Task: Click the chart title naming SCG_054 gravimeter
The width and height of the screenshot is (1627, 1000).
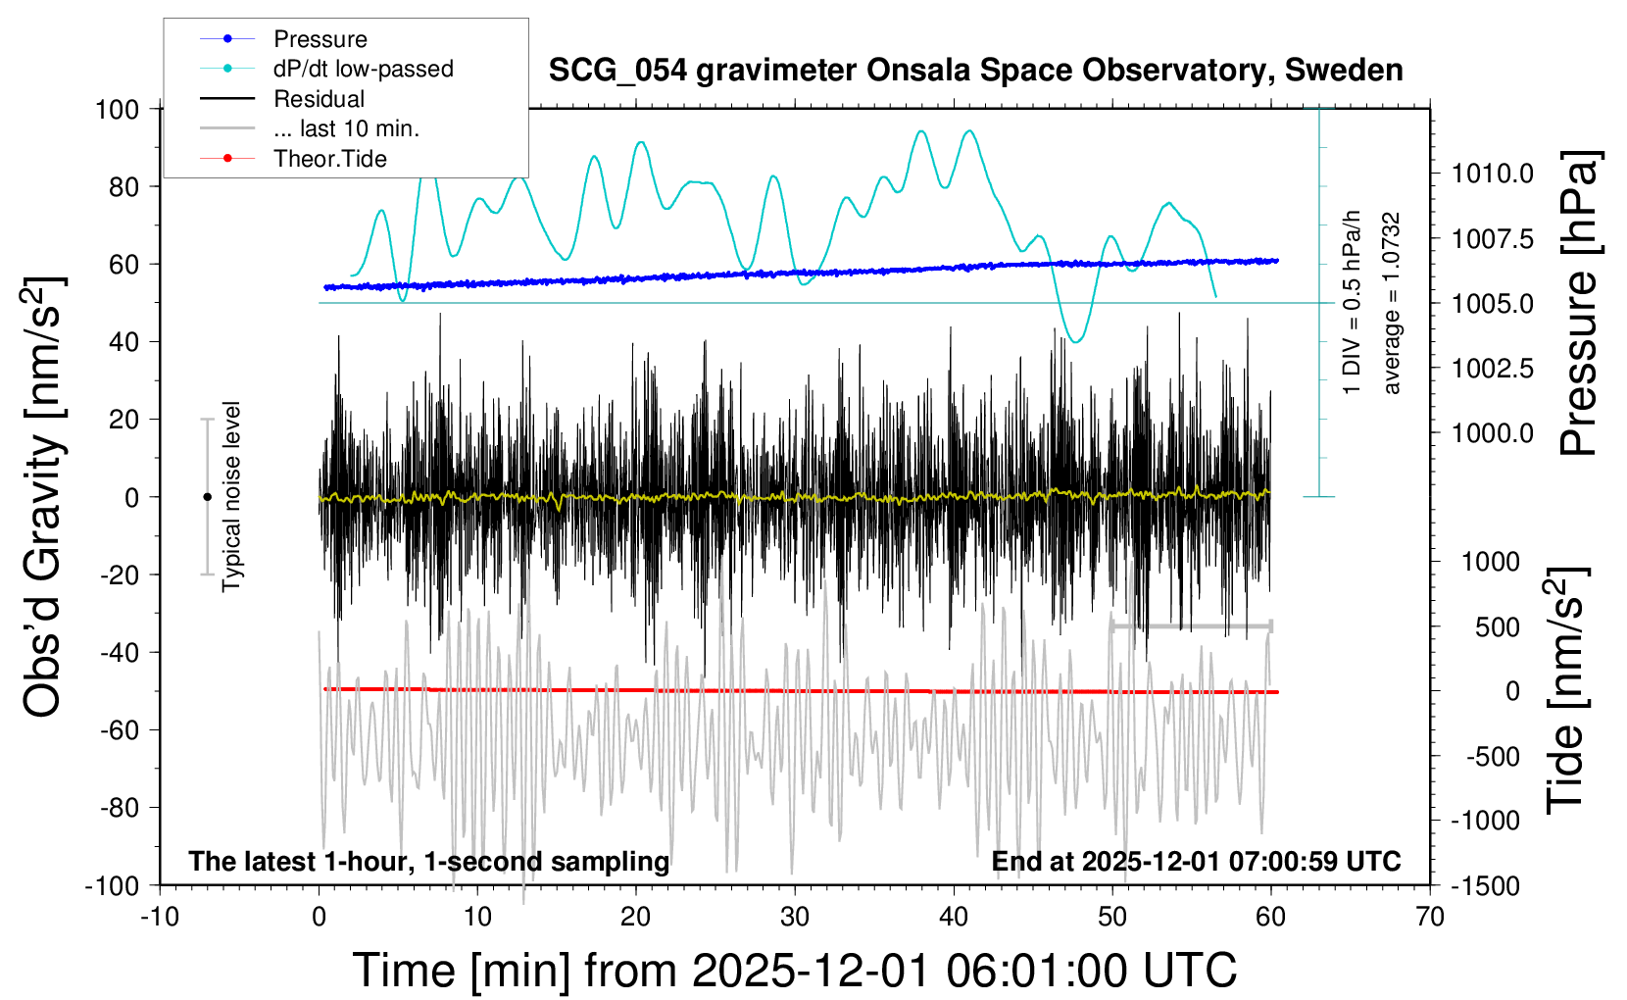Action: pos(975,71)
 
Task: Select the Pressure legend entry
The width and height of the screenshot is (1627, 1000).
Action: pos(320,39)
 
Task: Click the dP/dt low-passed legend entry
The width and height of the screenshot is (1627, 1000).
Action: pos(363,69)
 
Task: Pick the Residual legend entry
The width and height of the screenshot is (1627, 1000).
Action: pos(319,99)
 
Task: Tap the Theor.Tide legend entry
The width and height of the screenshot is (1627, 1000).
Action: pos(329,159)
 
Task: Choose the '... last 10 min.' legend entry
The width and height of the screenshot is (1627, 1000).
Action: pos(346,128)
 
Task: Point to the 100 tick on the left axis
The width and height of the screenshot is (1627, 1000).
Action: pos(117,109)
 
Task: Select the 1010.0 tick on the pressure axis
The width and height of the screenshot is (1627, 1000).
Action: pos(1493,174)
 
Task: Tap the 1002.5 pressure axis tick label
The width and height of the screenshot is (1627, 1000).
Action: pos(1493,369)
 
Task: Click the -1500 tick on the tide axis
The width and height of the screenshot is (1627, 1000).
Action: pos(1485,886)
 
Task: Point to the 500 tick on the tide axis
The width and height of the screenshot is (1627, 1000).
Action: pos(1497,627)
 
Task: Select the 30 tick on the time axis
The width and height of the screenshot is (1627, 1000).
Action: pos(795,918)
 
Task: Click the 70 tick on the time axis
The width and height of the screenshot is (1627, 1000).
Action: pos(1430,918)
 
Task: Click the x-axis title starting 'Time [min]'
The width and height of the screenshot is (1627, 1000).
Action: pos(794,971)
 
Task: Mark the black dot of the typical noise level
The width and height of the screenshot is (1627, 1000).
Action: pos(207,497)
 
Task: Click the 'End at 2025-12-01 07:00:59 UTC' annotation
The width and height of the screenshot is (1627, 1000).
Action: pos(1196,862)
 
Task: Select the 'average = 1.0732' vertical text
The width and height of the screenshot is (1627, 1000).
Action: pos(1392,304)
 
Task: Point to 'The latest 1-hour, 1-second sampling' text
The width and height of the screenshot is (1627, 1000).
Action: pos(429,862)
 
